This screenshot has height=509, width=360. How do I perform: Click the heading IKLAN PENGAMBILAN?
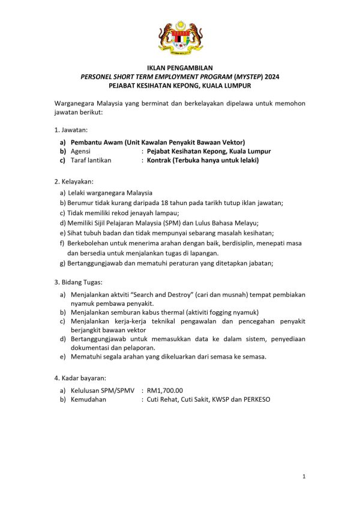pyautogui.click(x=180, y=69)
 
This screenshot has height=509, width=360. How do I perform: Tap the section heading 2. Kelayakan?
pyautogui.click(x=74, y=181)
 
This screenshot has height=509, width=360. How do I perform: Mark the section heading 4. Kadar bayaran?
pyautogui.click(x=80, y=378)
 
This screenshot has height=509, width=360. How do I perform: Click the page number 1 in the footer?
pyautogui.click(x=304, y=477)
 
